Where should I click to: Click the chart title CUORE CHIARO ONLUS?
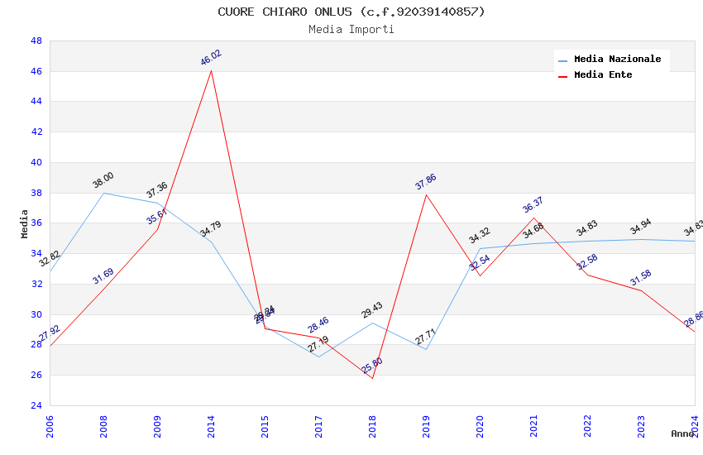coord(351,12)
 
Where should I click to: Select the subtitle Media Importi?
coord(351,29)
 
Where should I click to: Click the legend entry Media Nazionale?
coord(617,60)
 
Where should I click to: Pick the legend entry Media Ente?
coord(603,75)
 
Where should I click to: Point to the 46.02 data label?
coord(211,58)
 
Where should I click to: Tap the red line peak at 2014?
coord(211,70)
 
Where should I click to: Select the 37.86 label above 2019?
coord(426,182)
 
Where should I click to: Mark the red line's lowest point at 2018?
coord(372,378)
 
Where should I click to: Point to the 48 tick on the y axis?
coord(36,41)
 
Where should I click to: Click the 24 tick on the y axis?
coord(36,405)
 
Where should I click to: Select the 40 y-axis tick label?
coord(36,162)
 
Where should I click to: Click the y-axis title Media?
coord(25,223)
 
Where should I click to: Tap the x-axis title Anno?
coord(682,433)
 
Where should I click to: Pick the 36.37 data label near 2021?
coord(533,205)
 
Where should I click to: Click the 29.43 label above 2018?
coord(372,310)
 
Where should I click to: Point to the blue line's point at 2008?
coord(103,193)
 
